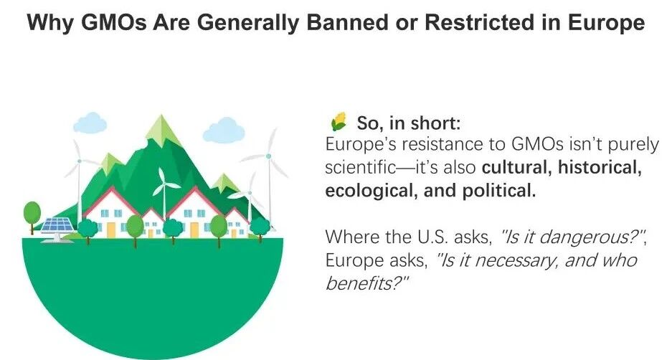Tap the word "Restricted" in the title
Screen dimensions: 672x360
(486, 22)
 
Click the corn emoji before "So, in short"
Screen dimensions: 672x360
(339, 122)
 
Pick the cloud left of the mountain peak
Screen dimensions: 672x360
(90, 123)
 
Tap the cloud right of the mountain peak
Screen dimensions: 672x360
(223, 130)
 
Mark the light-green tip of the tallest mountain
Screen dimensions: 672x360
(161, 129)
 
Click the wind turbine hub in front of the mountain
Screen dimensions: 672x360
(164, 185)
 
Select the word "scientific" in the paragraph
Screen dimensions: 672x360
(361, 167)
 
